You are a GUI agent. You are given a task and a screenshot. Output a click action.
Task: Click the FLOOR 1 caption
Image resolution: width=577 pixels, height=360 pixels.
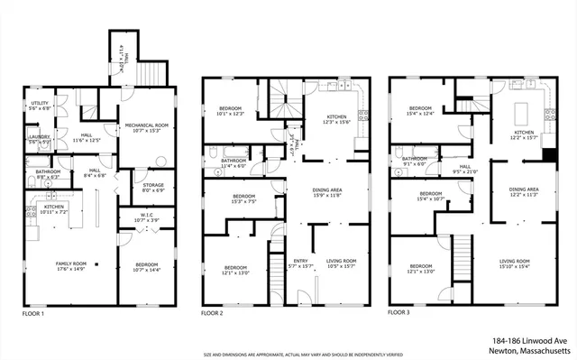coord(33,313)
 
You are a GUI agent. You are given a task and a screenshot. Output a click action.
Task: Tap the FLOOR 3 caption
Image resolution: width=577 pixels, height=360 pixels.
coord(400,313)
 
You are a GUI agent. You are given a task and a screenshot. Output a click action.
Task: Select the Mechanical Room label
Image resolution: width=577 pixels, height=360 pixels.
coord(145,126)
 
